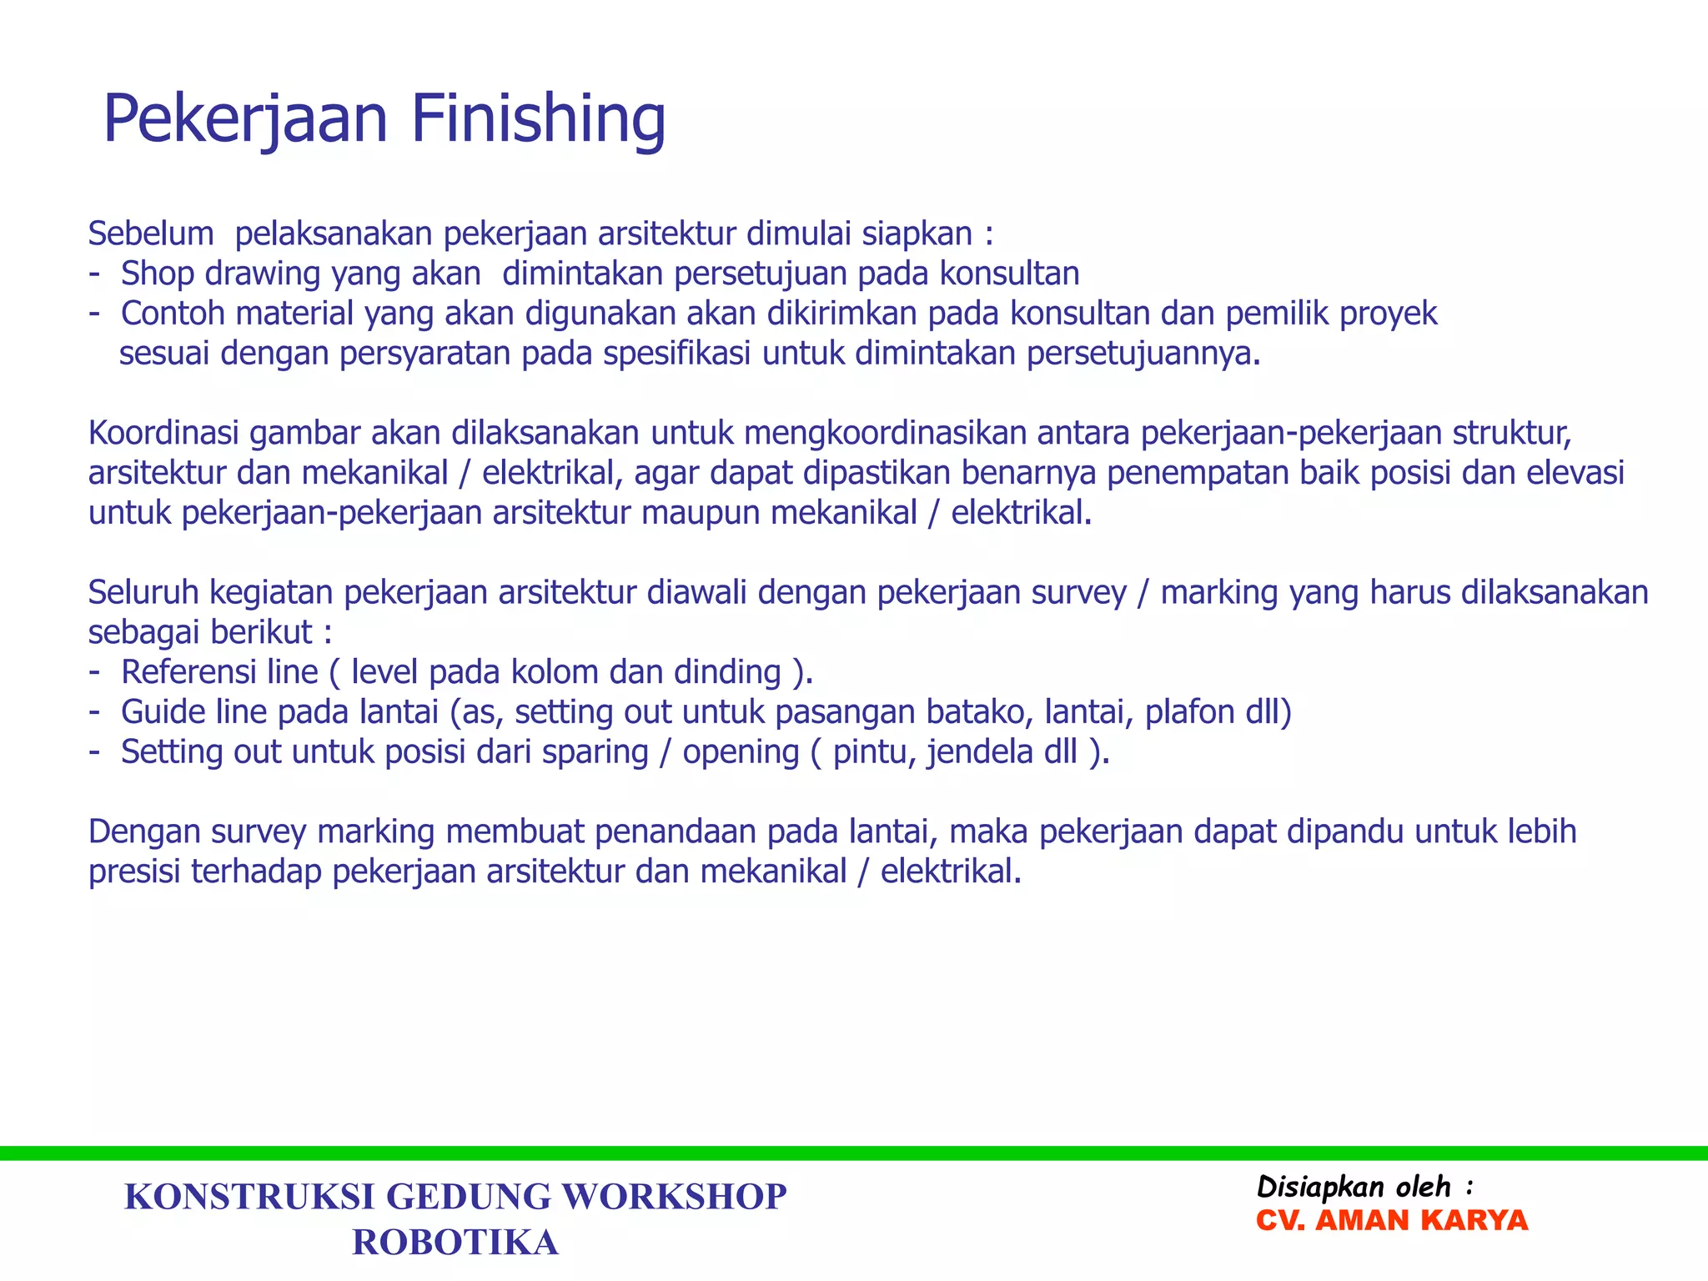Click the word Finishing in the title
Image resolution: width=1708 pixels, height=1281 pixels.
click(x=538, y=119)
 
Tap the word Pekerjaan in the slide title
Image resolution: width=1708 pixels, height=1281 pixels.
click(x=245, y=119)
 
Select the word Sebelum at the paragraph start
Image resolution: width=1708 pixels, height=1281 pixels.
click(x=151, y=234)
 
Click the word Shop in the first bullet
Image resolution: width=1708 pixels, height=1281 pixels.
click(x=157, y=274)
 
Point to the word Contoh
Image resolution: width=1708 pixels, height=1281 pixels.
click(x=173, y=314)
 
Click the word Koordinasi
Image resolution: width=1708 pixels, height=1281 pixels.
click(x=163, y=434)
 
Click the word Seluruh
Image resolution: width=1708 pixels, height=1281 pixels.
click(x=143, y=592)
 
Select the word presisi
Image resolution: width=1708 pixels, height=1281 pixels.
click(x=134, y=872)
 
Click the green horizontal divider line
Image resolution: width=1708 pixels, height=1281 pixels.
click(x=854, y=1153)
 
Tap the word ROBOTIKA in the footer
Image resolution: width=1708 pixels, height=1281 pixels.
click(x=455, y=1243)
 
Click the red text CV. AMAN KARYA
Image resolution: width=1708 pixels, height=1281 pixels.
click(x=1392, y=1221)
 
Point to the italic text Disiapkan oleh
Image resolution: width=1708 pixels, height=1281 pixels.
click(x=1354, y=1187)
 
